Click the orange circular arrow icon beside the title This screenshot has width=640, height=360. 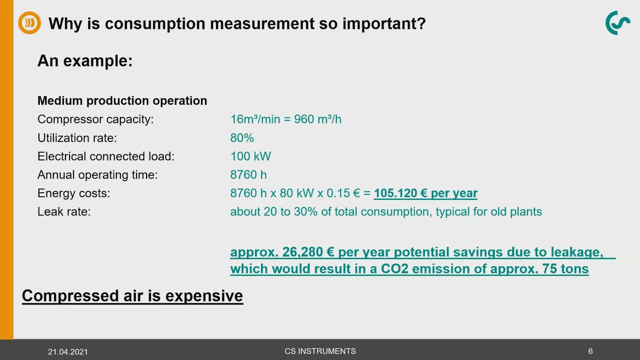pos(29,23)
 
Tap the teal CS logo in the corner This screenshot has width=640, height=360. pos(617,23)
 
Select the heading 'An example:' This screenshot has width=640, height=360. pos(85,61)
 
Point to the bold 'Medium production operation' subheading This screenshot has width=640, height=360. pos(122,100)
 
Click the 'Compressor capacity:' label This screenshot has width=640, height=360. pos(95,119)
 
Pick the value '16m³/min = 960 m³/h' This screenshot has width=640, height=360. pos(285,119)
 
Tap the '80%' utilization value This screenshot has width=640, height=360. pos(242,138)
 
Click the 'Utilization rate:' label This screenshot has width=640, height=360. pos(77,138)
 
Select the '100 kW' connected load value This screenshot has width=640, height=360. pos(250,156)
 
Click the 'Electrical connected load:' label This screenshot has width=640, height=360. pos(106,156)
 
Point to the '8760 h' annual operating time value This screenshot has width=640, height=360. pos(248,175)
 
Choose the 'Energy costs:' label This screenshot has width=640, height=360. pos(73,193)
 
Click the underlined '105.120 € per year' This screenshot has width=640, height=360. pos(425,193)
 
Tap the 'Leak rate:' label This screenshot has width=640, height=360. pos(64,212)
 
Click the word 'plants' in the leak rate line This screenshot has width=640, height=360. pos(526,212)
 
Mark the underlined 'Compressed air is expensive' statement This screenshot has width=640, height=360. pos(132,296)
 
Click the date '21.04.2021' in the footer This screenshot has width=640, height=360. pos(67,352)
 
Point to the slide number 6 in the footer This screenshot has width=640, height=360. pos(590,351)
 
